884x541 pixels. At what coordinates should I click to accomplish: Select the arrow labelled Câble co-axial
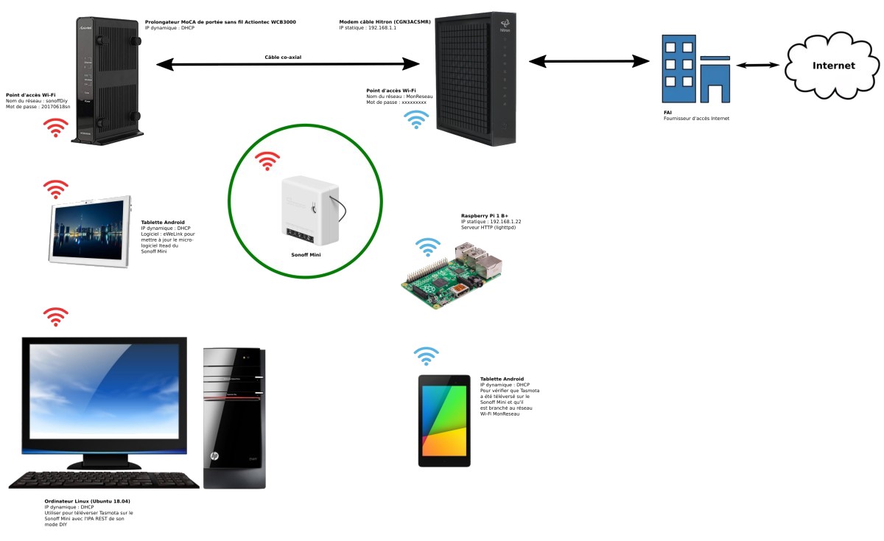coord(284,64)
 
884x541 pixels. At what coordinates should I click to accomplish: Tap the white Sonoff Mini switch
coord(309,209)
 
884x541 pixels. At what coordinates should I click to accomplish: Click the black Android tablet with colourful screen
coord(444,421)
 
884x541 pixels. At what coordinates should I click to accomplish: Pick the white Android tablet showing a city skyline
coord(91,229)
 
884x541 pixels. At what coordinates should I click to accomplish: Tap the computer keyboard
coord(104,480)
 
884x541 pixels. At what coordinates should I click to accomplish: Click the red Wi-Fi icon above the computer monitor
coord(55,317)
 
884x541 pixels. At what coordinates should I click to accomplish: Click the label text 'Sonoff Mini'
coord(306,254)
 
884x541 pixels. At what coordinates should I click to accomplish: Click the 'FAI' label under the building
coord(667,113)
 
